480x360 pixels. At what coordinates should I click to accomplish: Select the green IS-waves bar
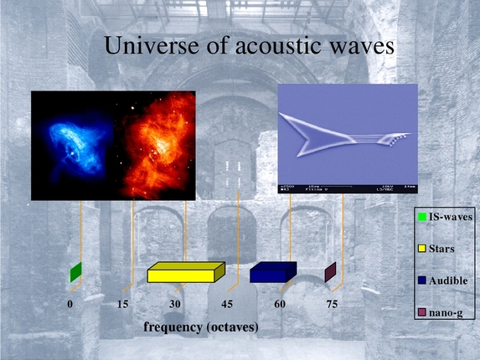click(75, 272)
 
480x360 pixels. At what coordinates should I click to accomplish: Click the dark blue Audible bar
click(273, 272)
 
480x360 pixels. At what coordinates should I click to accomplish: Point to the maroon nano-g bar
click(330, 272)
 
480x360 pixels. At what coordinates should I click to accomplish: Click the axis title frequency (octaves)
click(201, 325)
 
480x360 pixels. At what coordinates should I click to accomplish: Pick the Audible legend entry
click(443, 280)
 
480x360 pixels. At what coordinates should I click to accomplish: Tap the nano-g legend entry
click(441, 311)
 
